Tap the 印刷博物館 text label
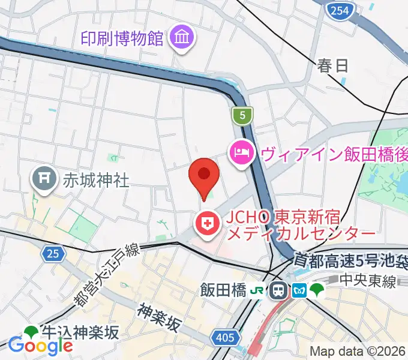[x=122, y=39]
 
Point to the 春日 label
[x=333, y=66]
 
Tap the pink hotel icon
[x=241, y=153]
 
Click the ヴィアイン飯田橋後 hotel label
[x=334, y=154]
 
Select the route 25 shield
[x=53, y=254]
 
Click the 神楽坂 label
[x=159, y=317]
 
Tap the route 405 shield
[x=224, y=338]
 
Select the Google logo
[x=40, y=345]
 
